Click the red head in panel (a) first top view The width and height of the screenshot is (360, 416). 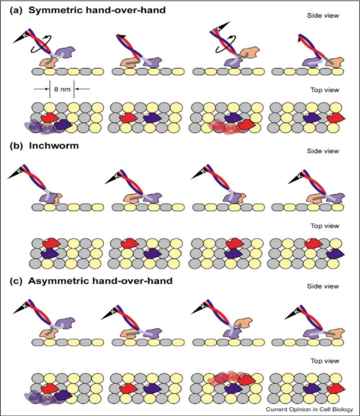pyautogui.click(x=48, y=118)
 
